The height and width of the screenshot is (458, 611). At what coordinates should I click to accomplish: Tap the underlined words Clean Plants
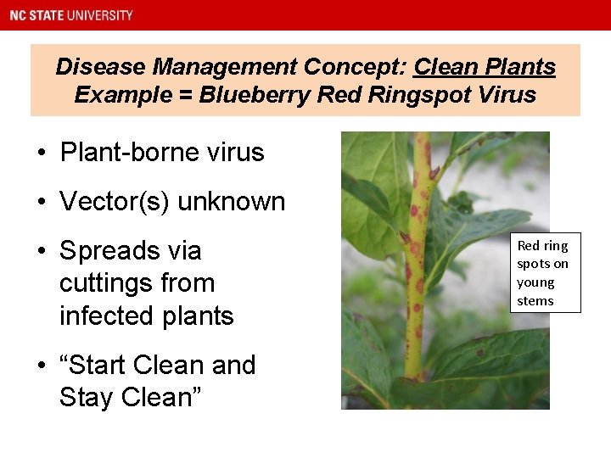point(485,67)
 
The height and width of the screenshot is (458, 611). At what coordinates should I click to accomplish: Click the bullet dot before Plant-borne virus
point(42,154)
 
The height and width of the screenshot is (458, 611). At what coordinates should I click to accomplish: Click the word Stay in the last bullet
point(87,397)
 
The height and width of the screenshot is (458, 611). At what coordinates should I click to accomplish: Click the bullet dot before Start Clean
point(42,366)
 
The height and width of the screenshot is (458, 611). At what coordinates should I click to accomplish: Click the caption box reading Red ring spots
point(545,272)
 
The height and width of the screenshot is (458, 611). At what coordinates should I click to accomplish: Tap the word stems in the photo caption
point(535,301)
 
